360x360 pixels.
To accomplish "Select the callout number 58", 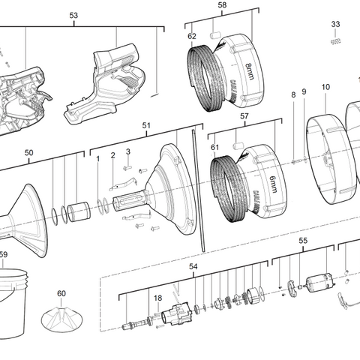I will click(201, 5).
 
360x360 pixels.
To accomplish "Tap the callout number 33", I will click(335, 25).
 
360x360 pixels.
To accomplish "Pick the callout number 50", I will click(28, 152).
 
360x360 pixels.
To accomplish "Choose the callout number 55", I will click(303, 241).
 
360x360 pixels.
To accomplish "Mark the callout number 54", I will click(193, 267).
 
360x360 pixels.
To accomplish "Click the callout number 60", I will click(61, 293).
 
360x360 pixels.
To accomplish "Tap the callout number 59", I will click(4, 255).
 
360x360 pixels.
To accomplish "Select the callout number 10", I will click(325, 88).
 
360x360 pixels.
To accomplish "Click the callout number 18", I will click(157, 298).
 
